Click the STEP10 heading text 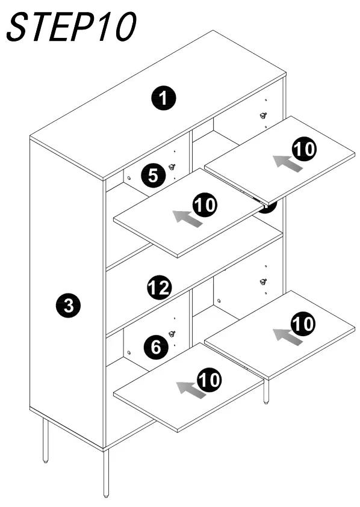click(71, 27)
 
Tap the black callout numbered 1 click(163, 97)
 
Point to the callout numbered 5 click(153, 176)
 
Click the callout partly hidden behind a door click(268, 207)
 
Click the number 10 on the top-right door click(304, 149)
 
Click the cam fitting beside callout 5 click(172, 167)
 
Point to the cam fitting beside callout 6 click(172, 334)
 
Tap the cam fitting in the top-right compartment click(262, 115)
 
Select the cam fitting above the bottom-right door click(262, 281)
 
